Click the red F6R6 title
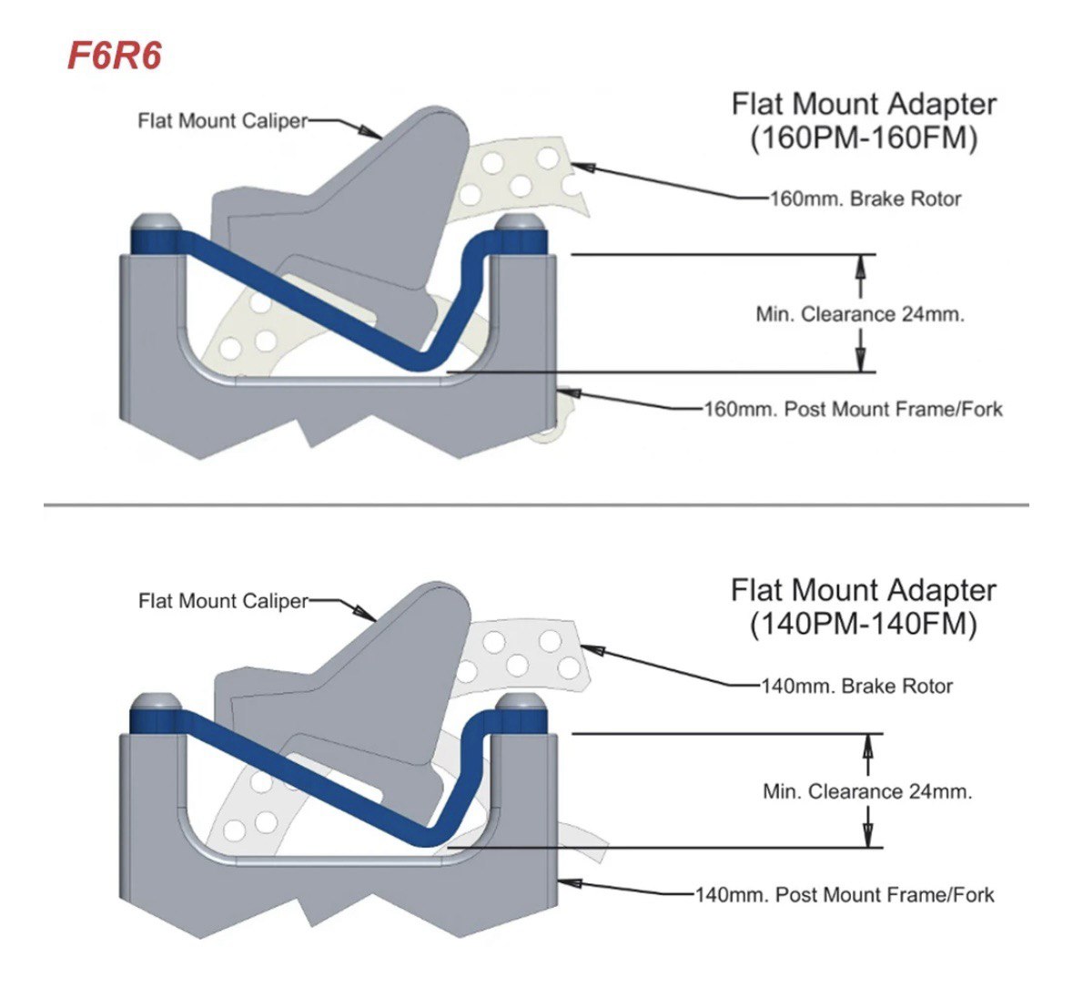click(x=115, y=56)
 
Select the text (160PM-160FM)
click(x=863, y=138)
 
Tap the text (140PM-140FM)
click(x=863, y=625)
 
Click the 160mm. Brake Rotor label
click(x=865, y=199)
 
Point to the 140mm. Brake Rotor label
click(x=856, y=686)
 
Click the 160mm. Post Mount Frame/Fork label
click(x=853, y=409)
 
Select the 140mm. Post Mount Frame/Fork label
click(x=845, y=895)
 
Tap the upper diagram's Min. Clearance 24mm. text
click(x=860, y=314)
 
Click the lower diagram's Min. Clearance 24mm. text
click(x=867, y=791)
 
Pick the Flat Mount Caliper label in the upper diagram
click(x=223, y=120)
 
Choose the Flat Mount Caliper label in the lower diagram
click(x=223, y=601)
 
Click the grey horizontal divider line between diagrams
click(x=536, y=504)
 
